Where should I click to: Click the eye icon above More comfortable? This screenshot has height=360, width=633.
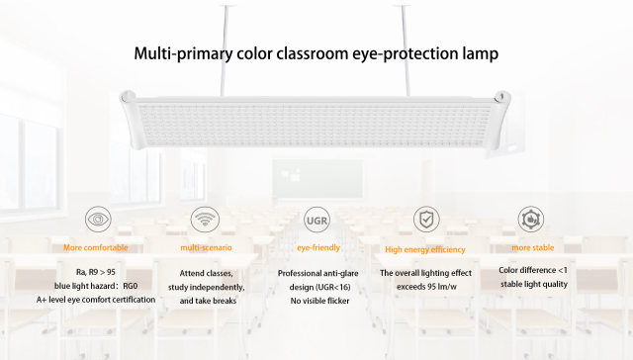[99, 219]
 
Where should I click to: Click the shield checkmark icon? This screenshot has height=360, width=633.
[425, 219]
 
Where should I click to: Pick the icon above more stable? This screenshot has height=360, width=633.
[533, 219]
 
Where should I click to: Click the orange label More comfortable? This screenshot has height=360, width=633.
[96, 247]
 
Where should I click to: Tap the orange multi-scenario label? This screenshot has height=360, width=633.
[207, 247]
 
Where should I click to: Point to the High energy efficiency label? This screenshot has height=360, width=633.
[425, 249]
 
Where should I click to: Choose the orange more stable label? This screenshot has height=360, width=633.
[533, 247]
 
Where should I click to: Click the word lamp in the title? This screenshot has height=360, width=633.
[474, 52]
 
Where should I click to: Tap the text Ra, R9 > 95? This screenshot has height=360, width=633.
[96, 271]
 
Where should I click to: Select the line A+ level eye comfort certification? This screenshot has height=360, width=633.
[96, 299]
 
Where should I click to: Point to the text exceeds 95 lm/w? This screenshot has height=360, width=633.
[425, 286]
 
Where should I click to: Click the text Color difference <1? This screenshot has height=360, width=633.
[533, 270]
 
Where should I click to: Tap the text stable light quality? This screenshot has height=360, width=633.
[533, 285]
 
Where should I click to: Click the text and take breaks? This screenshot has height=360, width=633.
[208, 300]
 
